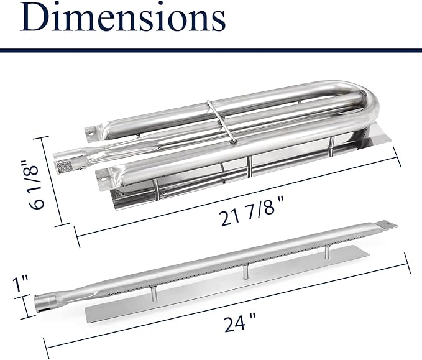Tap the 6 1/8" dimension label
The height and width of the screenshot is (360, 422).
tap(36, 185)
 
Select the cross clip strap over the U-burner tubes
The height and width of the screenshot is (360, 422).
tap(221, 122)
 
